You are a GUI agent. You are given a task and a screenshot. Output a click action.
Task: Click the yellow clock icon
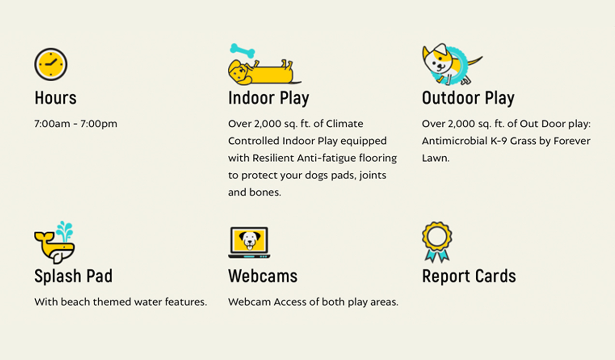point(51,64)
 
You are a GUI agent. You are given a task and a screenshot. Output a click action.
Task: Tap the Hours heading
point(56,98)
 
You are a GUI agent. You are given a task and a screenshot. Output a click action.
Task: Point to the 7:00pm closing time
point(99,124)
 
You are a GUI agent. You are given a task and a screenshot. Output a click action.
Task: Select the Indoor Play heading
point(268,98)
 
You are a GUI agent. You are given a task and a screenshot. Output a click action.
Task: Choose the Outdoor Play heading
point(468,98)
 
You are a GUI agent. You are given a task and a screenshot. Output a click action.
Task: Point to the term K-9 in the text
point(498,141)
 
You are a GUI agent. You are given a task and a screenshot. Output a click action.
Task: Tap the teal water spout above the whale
point(65,231)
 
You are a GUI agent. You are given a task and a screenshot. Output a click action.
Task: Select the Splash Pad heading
point(73,276)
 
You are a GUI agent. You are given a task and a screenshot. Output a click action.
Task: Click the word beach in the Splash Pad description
point(75,302)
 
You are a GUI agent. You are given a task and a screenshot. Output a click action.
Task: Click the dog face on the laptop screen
point(249,240)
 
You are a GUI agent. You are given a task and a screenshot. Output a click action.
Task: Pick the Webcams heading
point(263,276)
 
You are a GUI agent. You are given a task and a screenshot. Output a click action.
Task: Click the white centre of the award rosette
point(437,237)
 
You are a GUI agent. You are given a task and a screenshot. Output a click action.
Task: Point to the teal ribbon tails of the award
point(437,256)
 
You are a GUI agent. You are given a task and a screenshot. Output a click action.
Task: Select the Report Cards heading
point(469,276)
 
